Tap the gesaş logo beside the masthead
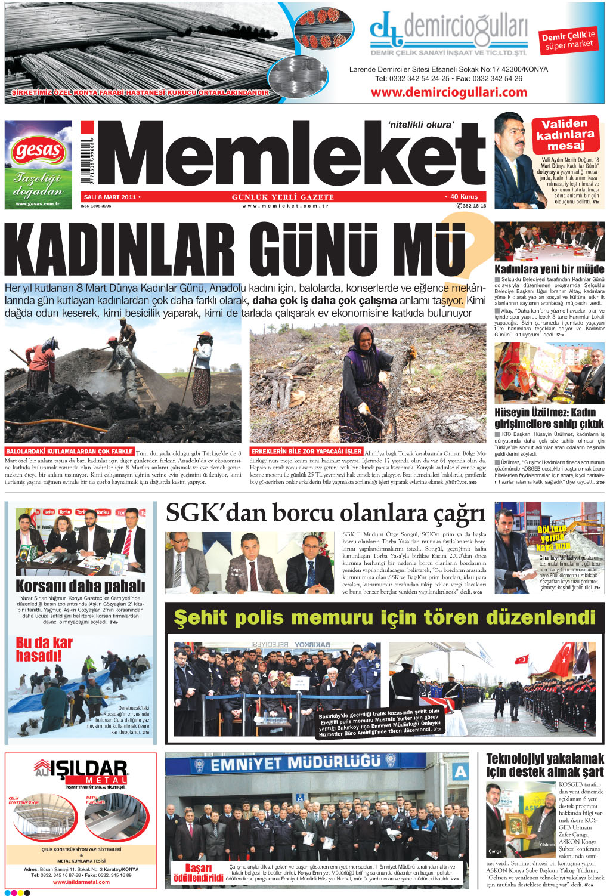[38, 152]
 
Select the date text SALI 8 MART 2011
[110, 197]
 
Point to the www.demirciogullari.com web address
[448, 92]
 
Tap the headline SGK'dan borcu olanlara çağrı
[325, 513]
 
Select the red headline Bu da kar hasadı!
[44, 649]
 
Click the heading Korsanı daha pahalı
[80, 586]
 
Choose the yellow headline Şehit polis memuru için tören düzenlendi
[385, 617]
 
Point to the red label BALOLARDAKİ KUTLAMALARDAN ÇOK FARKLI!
[70, 452]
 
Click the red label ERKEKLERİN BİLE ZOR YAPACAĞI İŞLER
[306, 452]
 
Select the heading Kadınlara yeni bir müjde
[549, 269]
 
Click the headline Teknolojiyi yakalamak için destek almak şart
[545, 765]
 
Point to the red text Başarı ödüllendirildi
[198, 873]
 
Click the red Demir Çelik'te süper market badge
[568, 40]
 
